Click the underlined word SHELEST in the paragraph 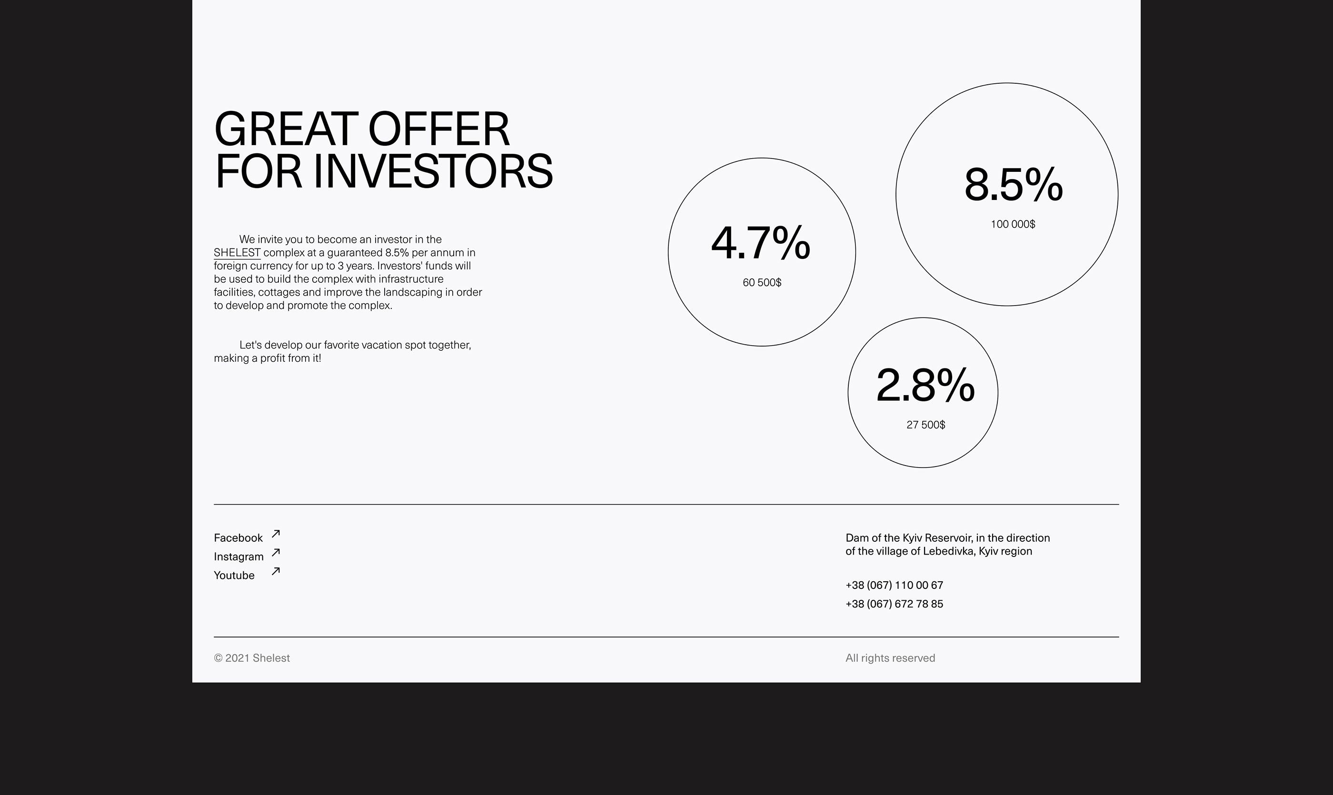237,252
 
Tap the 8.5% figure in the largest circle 1013,185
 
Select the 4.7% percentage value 760,243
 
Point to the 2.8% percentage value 925,385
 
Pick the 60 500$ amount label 762,283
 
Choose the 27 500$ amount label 925,425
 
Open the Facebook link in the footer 238,538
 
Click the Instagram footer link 239,556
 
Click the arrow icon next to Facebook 276,534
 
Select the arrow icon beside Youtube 276,571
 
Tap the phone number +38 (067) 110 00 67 894,585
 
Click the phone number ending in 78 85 894,604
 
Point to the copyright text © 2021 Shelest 252,658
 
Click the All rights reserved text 890,658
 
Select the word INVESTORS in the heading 432,171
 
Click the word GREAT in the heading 286,129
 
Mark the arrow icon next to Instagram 276,552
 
